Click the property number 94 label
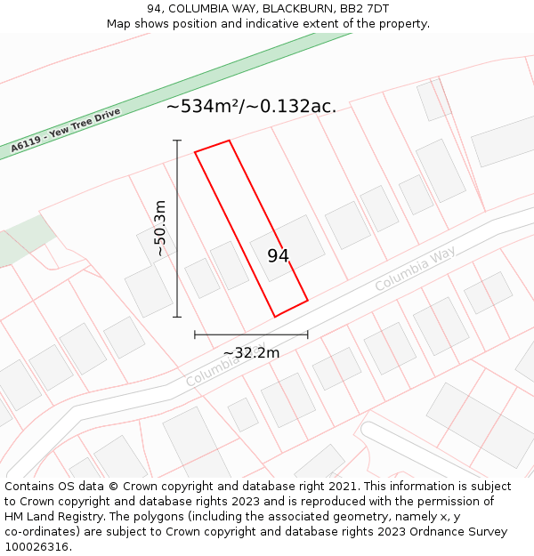[278, 256]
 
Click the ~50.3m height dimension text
[161, 229]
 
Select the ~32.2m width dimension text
[251, 353]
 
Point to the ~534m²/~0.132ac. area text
[251, 107]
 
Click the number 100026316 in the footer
[38, 546]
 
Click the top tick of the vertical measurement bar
[177, 141]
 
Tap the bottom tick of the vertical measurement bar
[177, 317]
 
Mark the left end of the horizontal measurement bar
[195, 334]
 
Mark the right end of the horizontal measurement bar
[308, 334]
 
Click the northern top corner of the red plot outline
[230, 141]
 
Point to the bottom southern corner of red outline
[274, 317]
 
